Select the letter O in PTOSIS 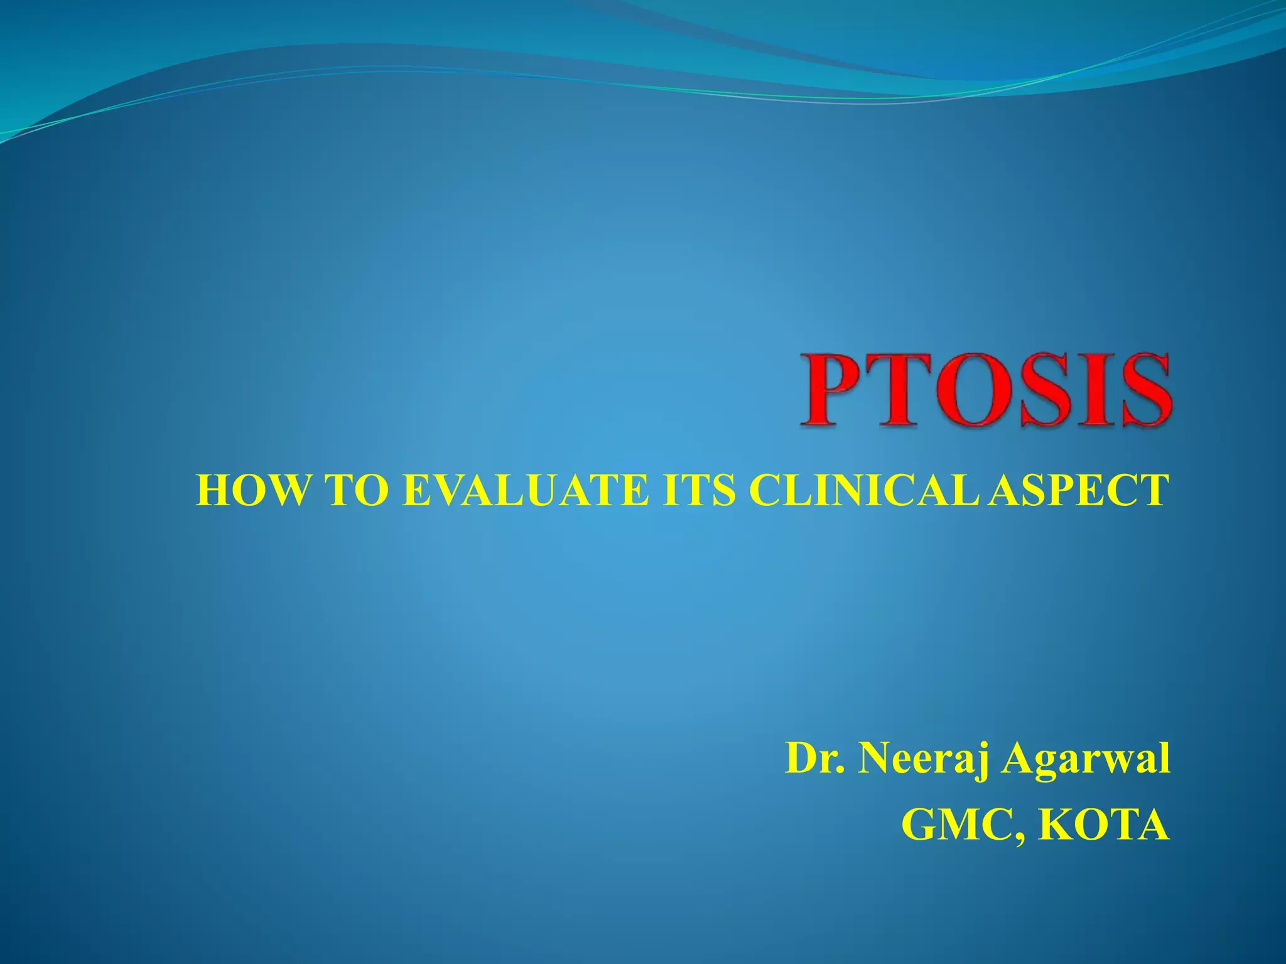coord(972,390)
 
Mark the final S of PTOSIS coord(1138,390)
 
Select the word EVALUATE coord(524,490)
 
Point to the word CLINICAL coord(863,490)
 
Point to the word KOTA coord(1103,825)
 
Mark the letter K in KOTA coord(1055,825)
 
